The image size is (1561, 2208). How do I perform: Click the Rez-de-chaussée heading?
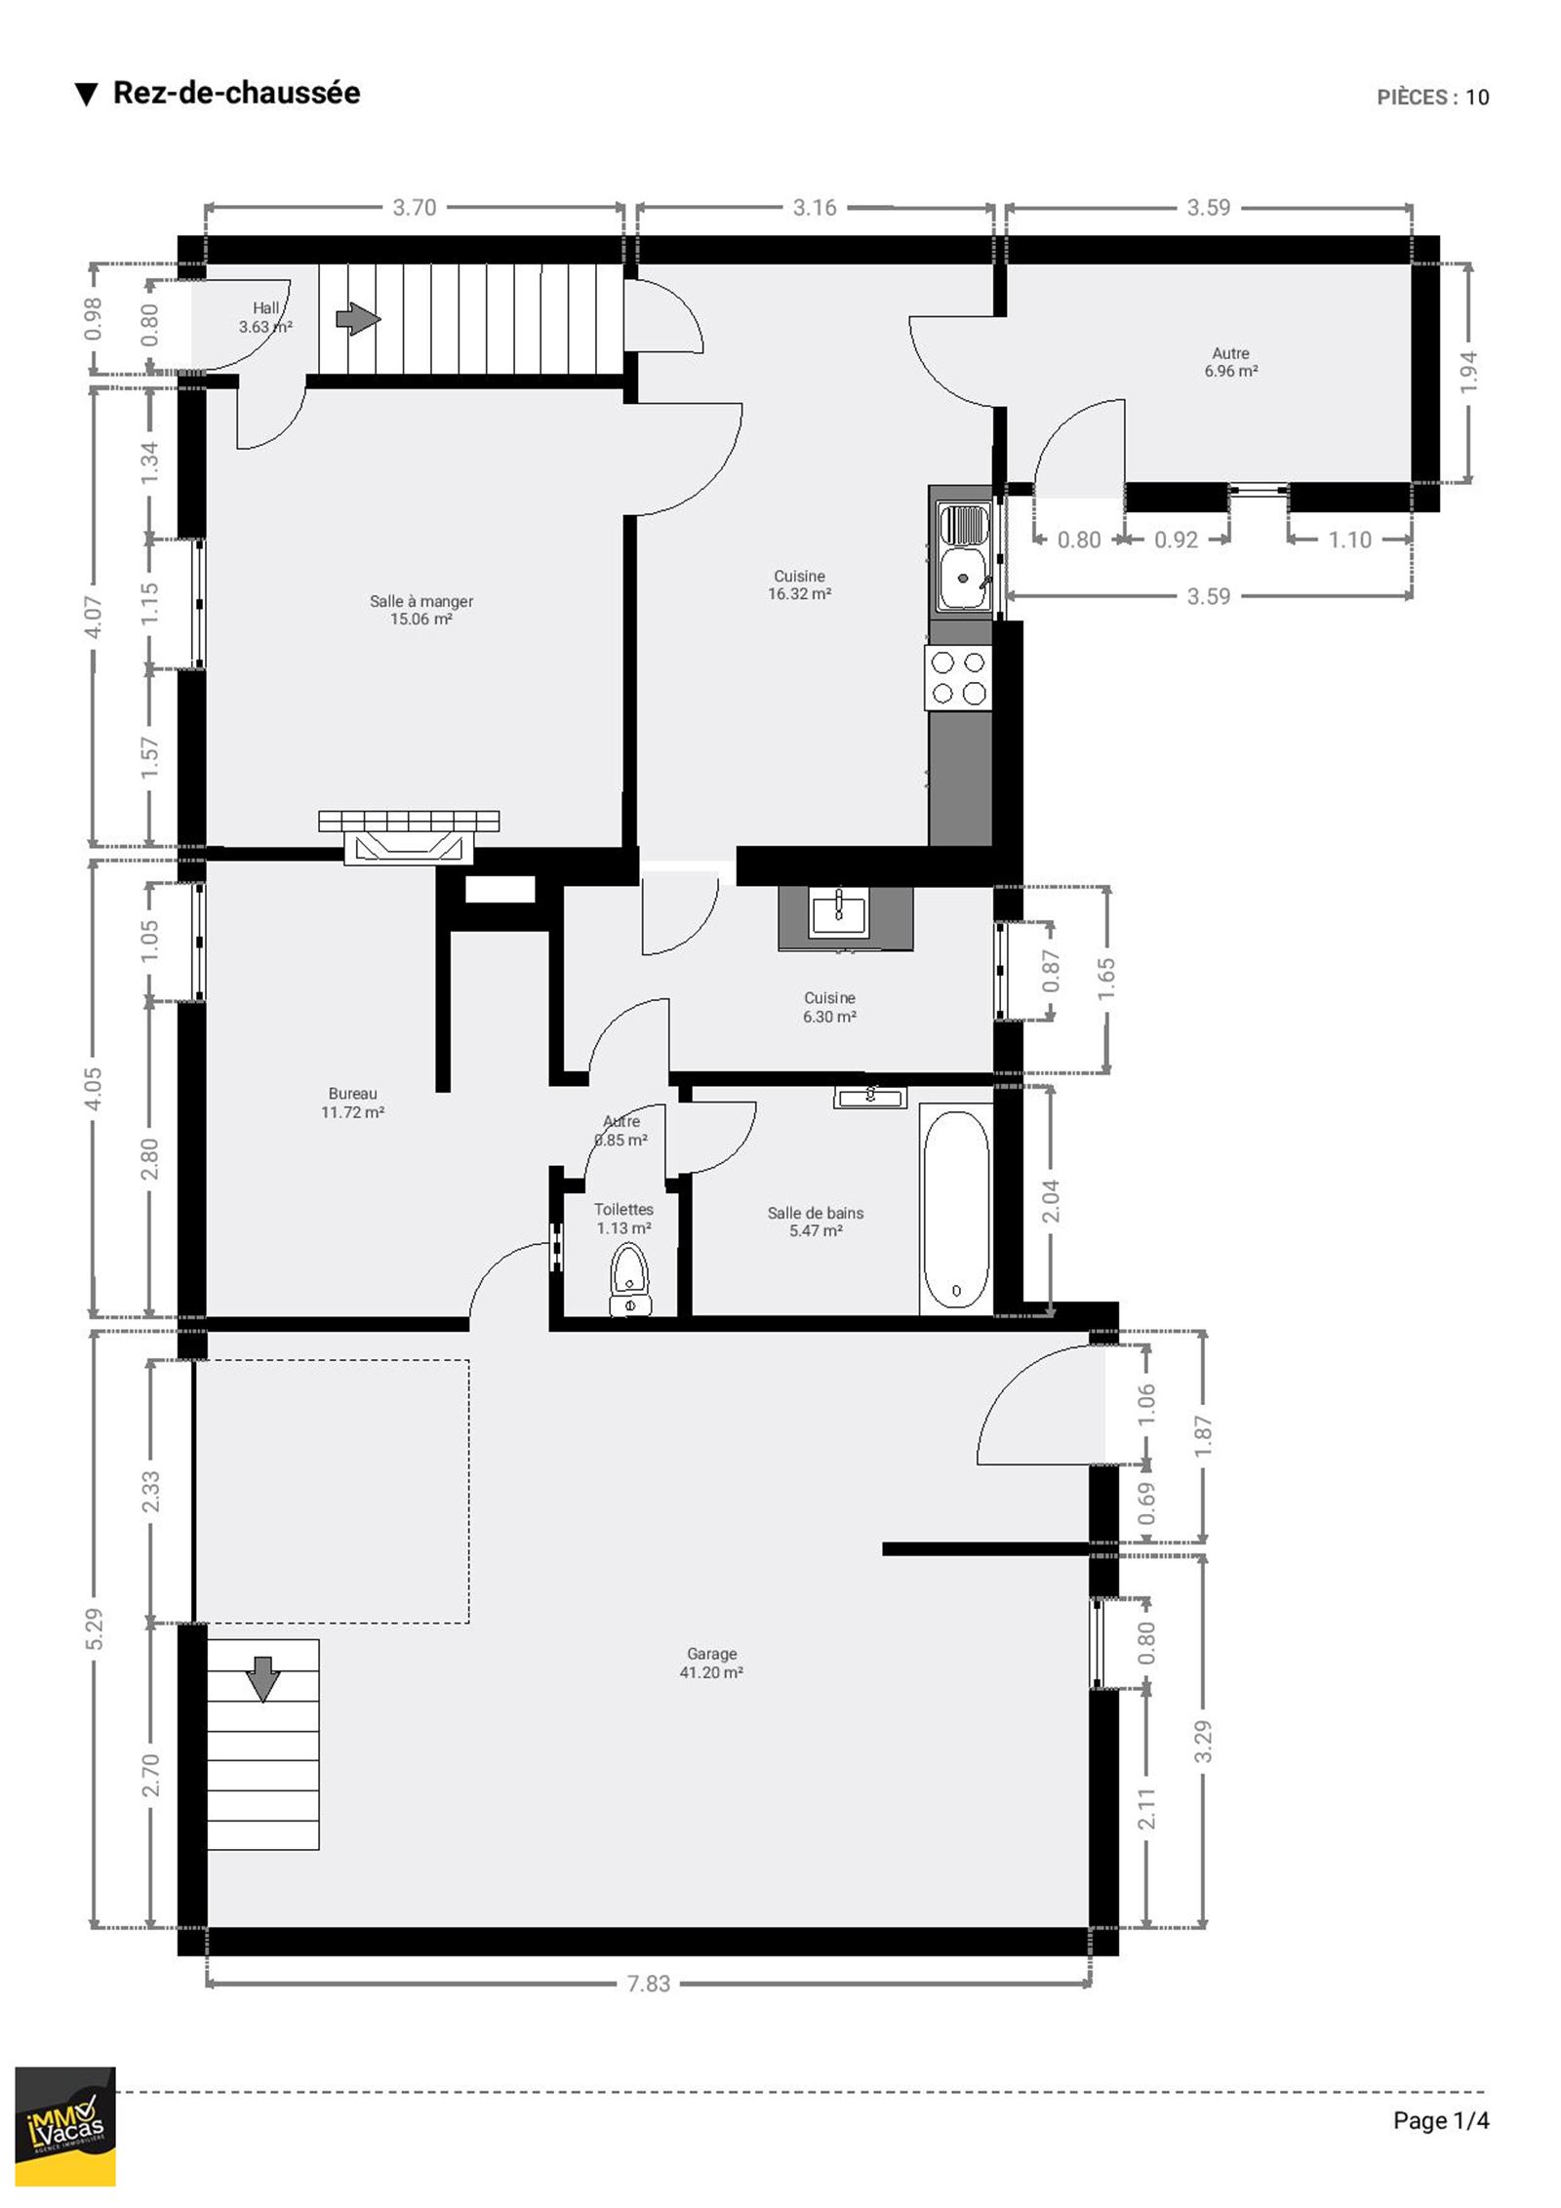click(236, 93)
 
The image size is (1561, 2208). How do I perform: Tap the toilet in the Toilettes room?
click(629, 1278)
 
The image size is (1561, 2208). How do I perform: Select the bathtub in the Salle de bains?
click(956, 1210)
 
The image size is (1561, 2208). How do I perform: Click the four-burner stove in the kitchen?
click(958, 677)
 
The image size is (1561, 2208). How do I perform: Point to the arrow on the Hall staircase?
click(358, 319)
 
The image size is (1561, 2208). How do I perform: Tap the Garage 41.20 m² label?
click(711, 1663)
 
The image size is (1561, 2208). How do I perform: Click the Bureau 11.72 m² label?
click(352, 1103)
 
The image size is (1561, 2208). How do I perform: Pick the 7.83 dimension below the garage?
click(648, 1984)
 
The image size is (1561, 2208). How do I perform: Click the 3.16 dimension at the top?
click(814, 207)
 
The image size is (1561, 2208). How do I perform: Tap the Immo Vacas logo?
click(65, 2124)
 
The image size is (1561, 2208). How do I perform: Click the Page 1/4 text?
click(1441, 2120)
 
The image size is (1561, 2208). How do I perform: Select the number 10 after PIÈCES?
click(1477, 97)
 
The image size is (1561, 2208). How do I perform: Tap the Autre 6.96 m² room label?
click(1230, 362)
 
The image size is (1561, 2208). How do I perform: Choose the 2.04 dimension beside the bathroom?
click(1051, 1200)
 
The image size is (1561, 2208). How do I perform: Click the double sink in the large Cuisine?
click(963, 556)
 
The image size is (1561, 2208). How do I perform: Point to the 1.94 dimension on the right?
click(1469, 372)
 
